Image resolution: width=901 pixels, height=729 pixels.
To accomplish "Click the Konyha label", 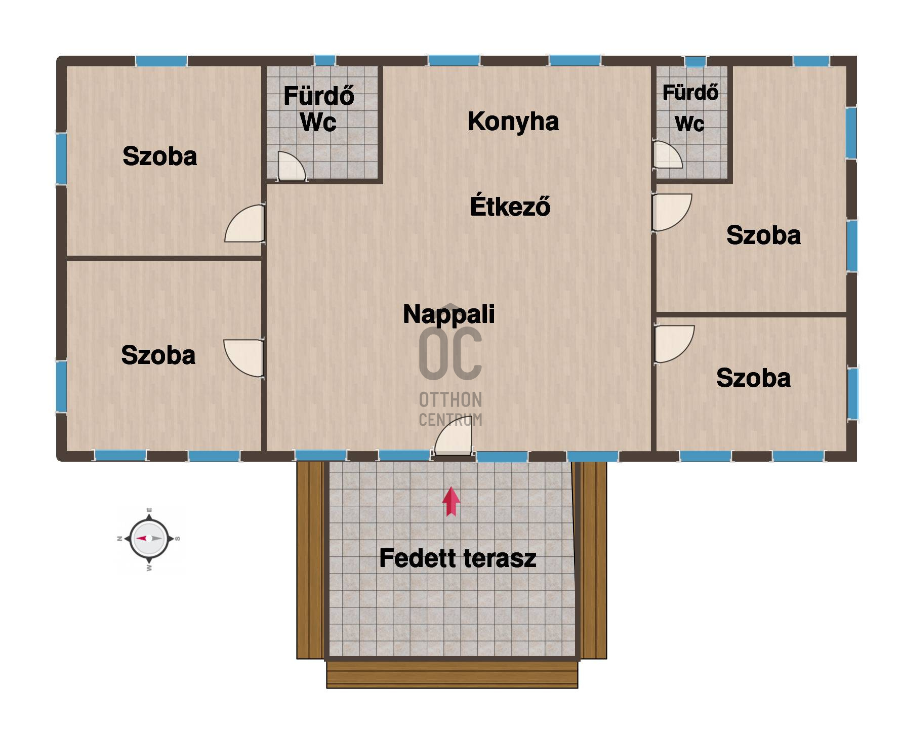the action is pyautogui.click(x=513, y=121).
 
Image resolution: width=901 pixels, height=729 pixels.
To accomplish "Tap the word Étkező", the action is pyautogui.click(x=510, y=206).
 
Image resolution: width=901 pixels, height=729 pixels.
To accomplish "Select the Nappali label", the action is pyautogui.click(x=449, y=314).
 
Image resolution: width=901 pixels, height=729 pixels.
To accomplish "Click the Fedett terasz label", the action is pyautogui.click(x=458, y=558).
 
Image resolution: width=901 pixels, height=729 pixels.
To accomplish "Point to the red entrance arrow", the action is pyautogui.click(x=451, y=502).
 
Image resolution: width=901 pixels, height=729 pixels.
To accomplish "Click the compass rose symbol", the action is pyautogui.click(x=149, y=539).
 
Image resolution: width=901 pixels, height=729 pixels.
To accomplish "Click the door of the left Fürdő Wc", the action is pyautogui.click(x=292, y=166).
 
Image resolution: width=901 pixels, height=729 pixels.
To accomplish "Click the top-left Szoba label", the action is pyautogui.click(x=160, y=156).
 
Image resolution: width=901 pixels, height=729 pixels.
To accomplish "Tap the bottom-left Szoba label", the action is pyautogui.click(x=158, y=355).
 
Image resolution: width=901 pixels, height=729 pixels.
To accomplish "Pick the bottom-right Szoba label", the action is pyautogui.click(x=754, y=378).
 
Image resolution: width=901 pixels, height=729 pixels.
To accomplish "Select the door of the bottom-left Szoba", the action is pyautogui.click(x=243, y=358).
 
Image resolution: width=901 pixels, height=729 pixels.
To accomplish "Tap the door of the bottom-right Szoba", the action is pyautogui.click(x=674, y=344).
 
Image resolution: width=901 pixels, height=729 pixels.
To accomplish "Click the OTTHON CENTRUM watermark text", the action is pyautogui.click(x=450, y=409).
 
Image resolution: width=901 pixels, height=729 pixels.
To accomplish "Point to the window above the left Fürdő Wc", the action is pyautogui.click(x=325, y=60).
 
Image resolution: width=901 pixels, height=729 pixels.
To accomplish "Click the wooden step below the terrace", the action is pyautogui.click(x=452, y=674).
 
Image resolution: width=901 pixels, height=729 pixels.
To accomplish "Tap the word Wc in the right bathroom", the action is pyautogui.click(x=689, y=124).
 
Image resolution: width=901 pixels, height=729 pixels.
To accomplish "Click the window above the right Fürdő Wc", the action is pyautogui.click(x=695, y=62).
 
